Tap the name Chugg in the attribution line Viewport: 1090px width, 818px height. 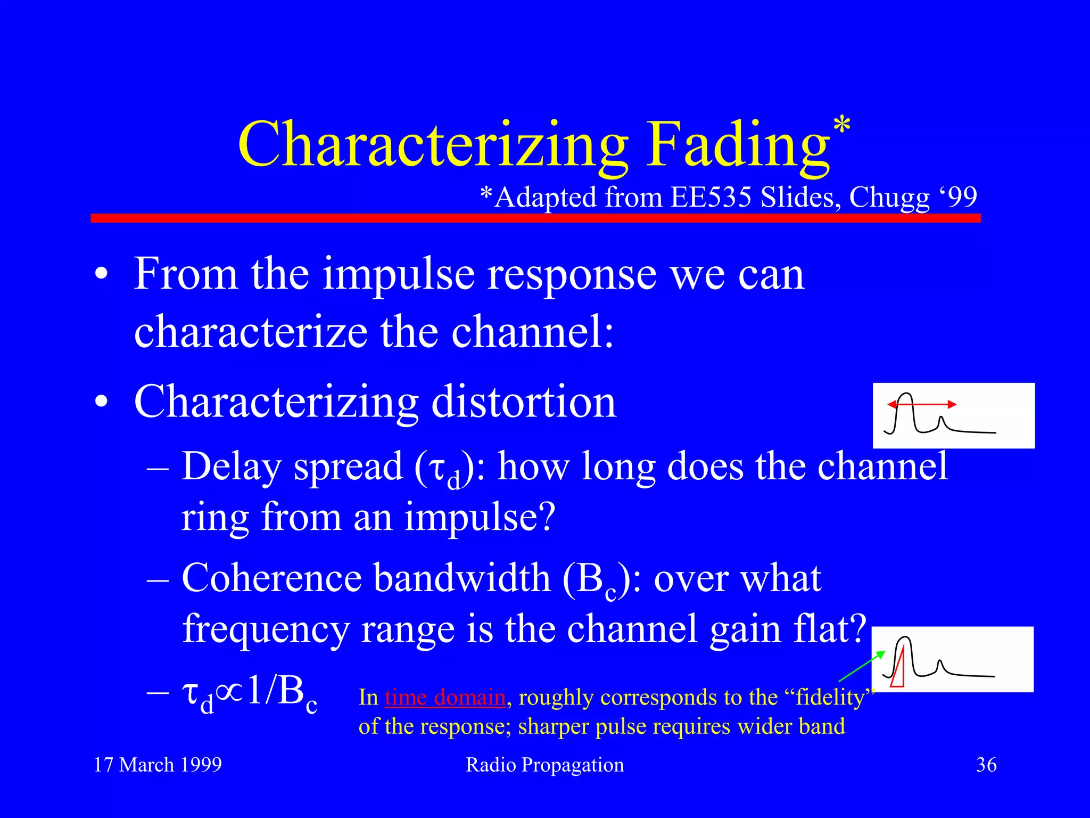[889, 198]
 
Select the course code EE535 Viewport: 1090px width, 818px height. [712, 197]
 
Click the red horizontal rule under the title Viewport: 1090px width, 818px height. [535, 218]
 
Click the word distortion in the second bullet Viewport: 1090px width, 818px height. [523, 402]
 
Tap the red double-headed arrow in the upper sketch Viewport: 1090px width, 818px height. [922, 405]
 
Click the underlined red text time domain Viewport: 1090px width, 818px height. [445, 698]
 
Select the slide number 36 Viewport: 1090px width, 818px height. [986, 765]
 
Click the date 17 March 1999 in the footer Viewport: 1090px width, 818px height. [158, 765]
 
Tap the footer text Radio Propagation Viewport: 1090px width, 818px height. [544, 765]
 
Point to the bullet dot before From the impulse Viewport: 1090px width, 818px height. [101, 275]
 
